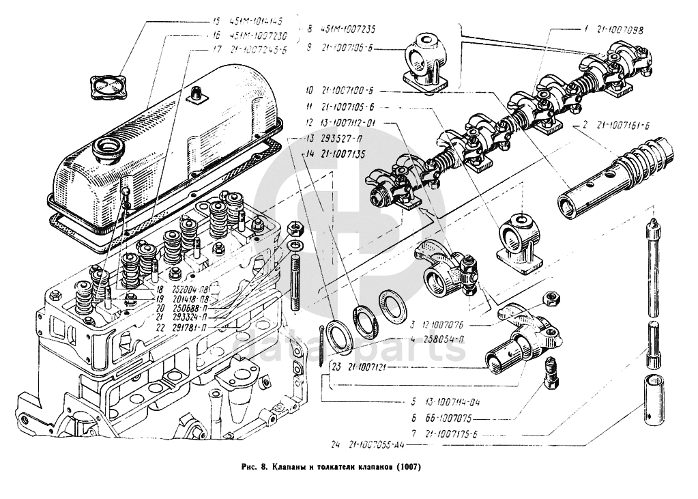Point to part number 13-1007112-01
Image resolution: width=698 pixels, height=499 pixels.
[351, 123]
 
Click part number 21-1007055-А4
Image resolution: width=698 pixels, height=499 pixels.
[377, 445]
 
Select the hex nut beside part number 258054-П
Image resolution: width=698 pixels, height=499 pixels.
[550, 298]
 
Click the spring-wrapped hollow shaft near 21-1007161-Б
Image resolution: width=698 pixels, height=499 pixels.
[615, 179]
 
